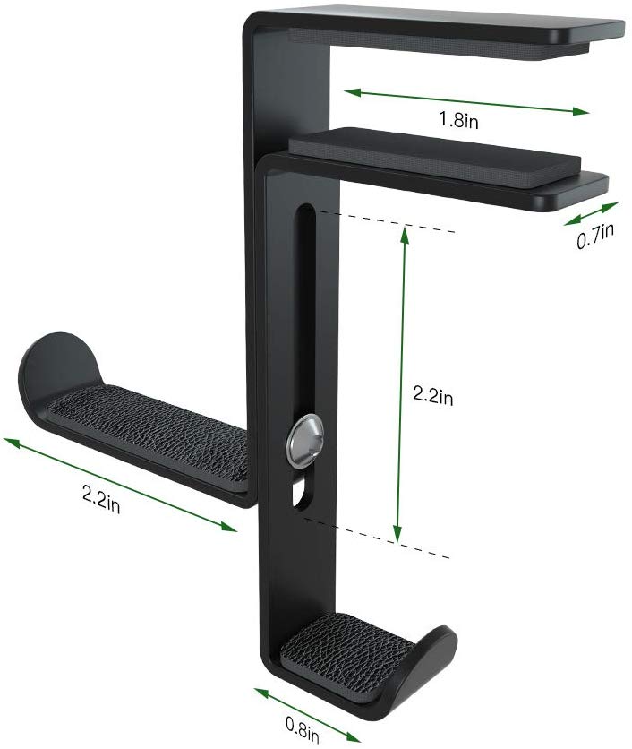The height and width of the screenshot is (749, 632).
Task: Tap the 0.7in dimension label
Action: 594,237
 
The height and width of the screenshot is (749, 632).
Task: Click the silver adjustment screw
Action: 303,439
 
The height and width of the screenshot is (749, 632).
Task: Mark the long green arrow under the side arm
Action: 122,485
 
